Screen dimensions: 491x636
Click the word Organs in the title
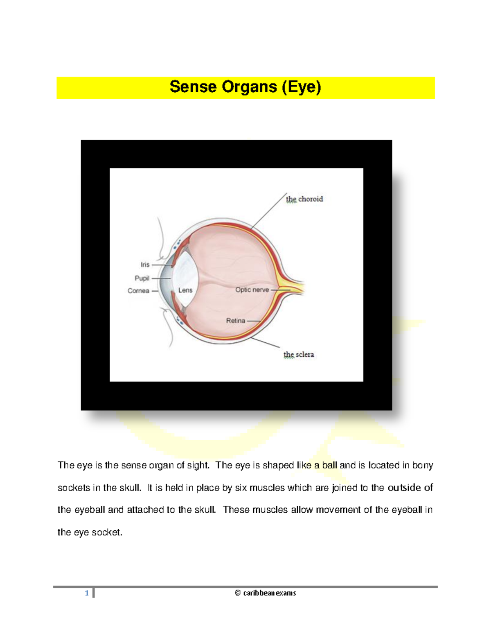click(x=249, y=87)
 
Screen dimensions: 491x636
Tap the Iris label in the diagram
click(x=145, y=265)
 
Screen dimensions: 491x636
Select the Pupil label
click(x=142, y=278)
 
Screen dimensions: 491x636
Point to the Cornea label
click(x=138, y=291)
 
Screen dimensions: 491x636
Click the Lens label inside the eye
click(x=185, y=290)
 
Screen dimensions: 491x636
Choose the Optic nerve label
click(x=252, y=290)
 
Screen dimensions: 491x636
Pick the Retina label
click(x=236, y=321)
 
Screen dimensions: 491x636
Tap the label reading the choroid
click(x=304, y=199)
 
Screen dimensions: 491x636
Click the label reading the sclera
click(x=299, y=355)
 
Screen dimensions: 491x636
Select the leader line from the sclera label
click(x=265, y=343)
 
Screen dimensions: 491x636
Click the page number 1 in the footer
click(x=87, y=593)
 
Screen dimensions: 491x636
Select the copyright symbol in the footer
click(x=238, y=593)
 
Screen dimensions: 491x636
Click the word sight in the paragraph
click(x=198, y=465)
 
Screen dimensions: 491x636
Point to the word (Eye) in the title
click(x=302, y=87)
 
